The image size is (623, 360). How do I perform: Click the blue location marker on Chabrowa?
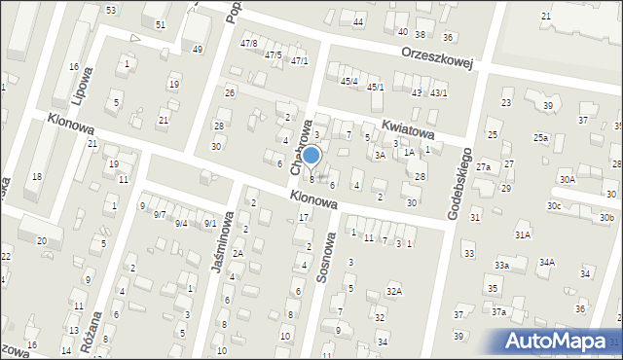311,156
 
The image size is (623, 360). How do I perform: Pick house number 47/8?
248,43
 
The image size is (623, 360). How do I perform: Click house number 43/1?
439,93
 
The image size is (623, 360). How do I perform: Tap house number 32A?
393,291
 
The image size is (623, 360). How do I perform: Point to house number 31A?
523,234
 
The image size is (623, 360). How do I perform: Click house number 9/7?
159,213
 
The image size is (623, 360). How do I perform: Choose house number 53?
111,10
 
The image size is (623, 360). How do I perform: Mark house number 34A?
547,262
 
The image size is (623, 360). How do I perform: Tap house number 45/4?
348,81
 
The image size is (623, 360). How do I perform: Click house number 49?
198,49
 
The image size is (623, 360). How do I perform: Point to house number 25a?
539,138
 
